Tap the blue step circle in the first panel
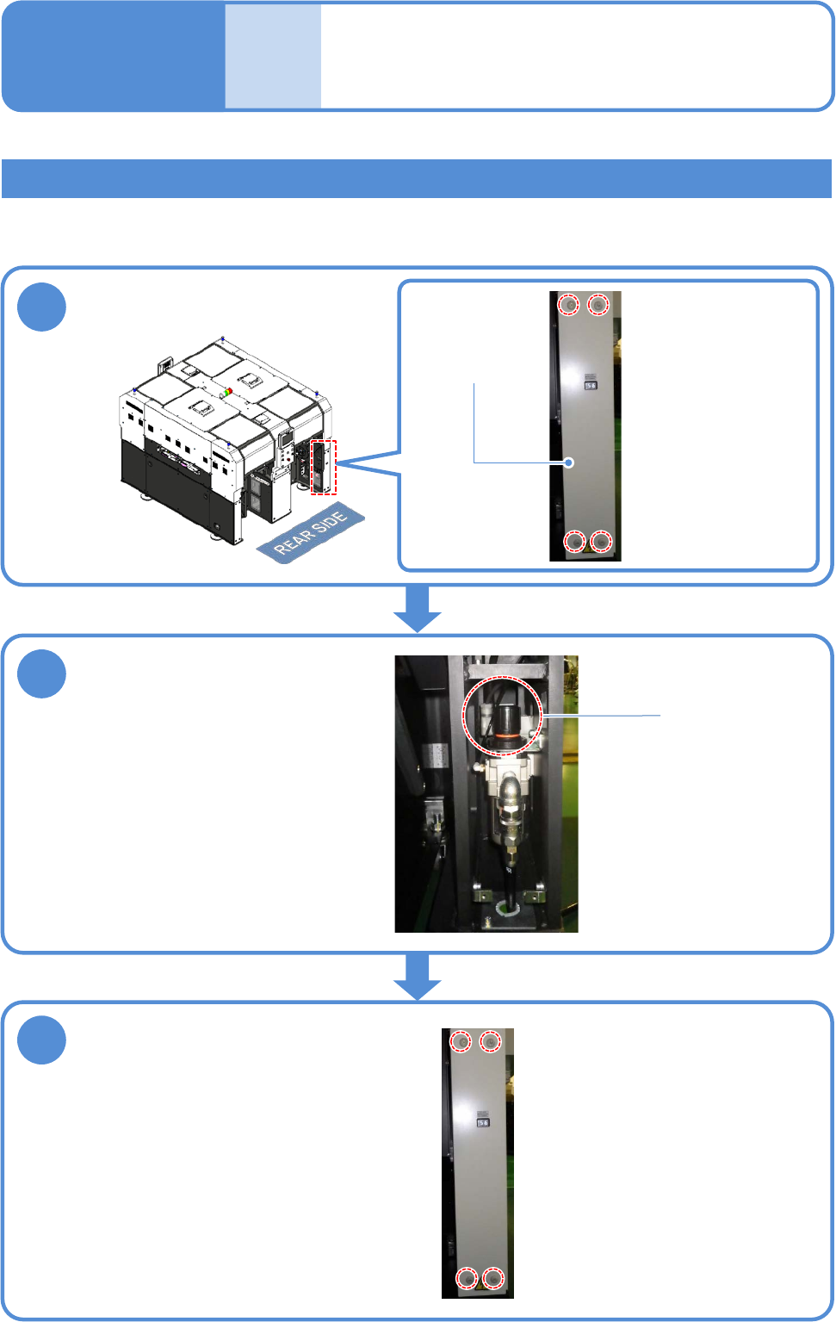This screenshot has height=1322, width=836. coord(42,307)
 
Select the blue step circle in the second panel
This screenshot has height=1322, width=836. coord(42,673)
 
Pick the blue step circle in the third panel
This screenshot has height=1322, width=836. coord(42,1040)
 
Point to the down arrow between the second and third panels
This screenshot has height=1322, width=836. coord(418,977)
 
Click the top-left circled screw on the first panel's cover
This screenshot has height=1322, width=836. coord(569,304)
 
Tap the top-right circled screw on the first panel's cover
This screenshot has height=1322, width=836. coord(598,304)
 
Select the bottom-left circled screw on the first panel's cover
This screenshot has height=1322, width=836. coord(574,541)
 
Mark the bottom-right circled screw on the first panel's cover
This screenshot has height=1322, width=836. coord(601,541)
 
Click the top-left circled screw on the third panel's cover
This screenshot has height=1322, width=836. coord(462,1042)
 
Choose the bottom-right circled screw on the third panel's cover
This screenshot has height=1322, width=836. coord(492,1278)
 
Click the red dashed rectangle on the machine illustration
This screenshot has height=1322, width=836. coord(324,467)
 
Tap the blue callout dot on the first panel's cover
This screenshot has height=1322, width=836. coord(569,462)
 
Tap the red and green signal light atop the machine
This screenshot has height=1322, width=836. coord(226,393)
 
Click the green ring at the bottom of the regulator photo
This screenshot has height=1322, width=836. coord(508,906)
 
